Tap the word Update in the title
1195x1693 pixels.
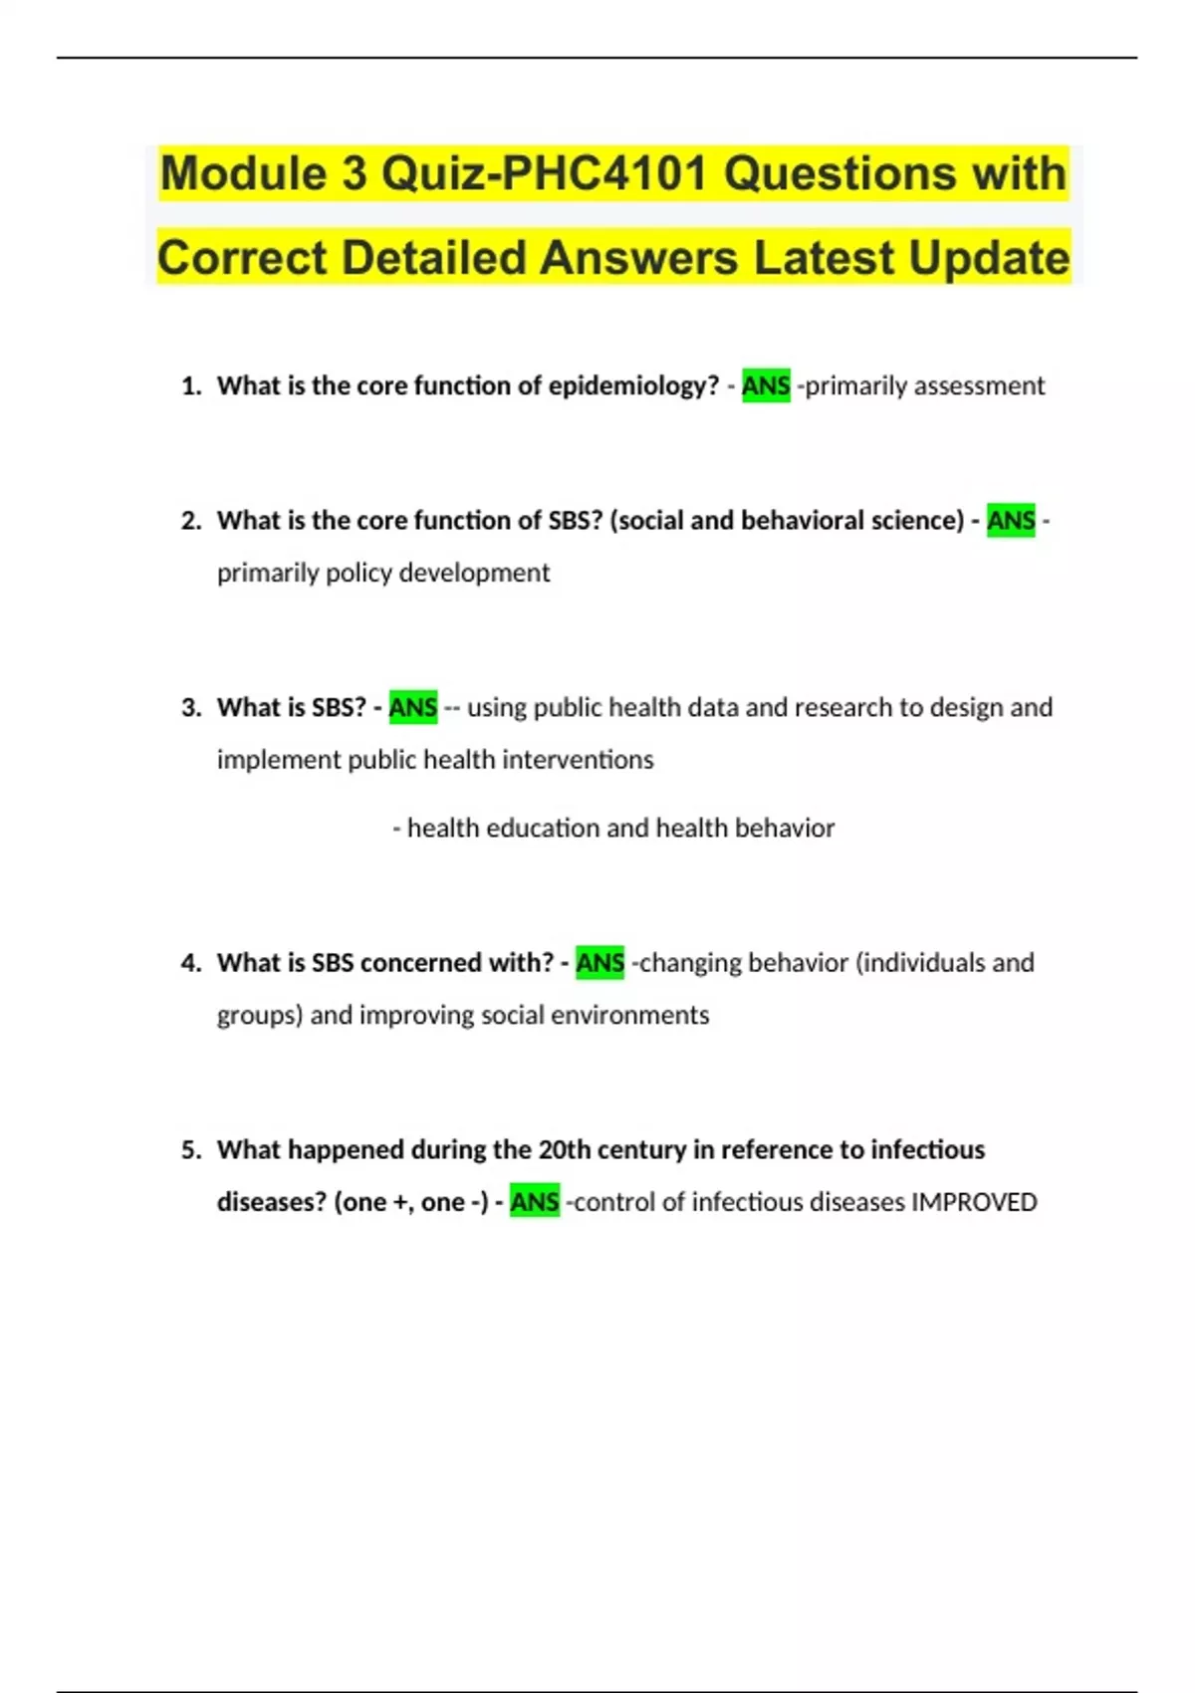(x=989, y=259)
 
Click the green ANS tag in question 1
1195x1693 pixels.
(x=766, y=386)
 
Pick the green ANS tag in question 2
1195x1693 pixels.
(x=1011, y=521)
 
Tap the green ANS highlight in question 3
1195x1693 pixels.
(x=412, y=707)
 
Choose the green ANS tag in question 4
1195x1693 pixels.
(x=599, y=963)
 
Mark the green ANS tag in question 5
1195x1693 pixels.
(x=535, y=1202)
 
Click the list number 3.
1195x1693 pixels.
(x=191, y=708)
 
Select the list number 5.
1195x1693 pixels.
(x=191, y=1150)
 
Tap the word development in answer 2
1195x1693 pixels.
(x=474, y=574)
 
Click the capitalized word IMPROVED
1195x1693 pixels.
(x=974, y=1202)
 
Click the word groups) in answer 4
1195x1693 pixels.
(x=260, y=1016)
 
